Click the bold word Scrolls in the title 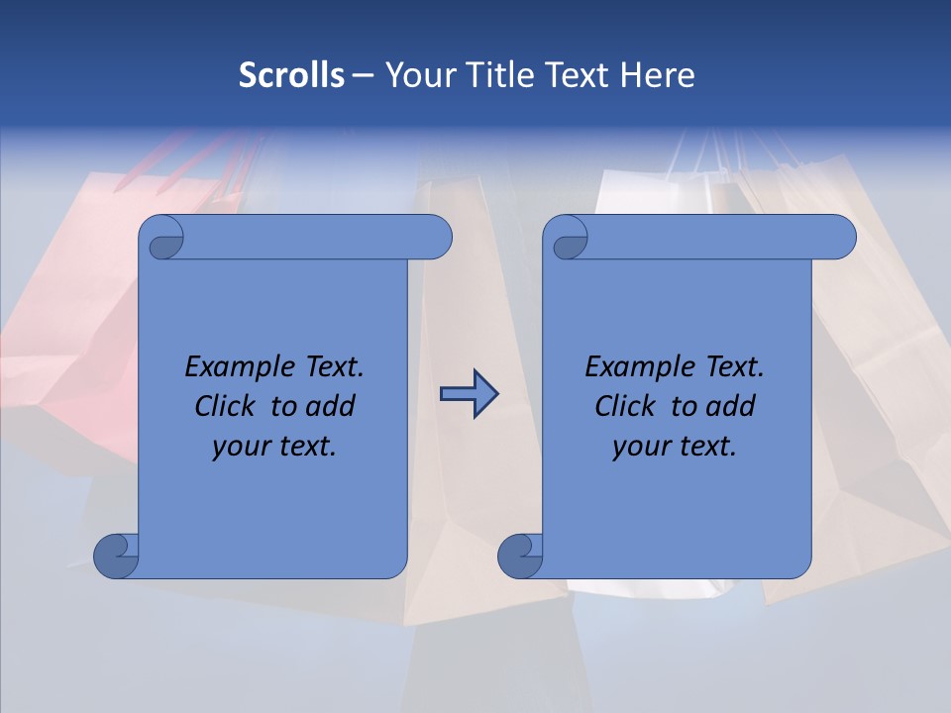291,74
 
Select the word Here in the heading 658,74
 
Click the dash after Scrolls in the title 363,74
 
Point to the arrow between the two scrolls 469,395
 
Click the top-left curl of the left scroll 164,241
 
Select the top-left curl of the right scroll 570,241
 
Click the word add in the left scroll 331,406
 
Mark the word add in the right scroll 731,406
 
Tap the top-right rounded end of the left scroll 433,238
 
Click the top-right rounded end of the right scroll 838,238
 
